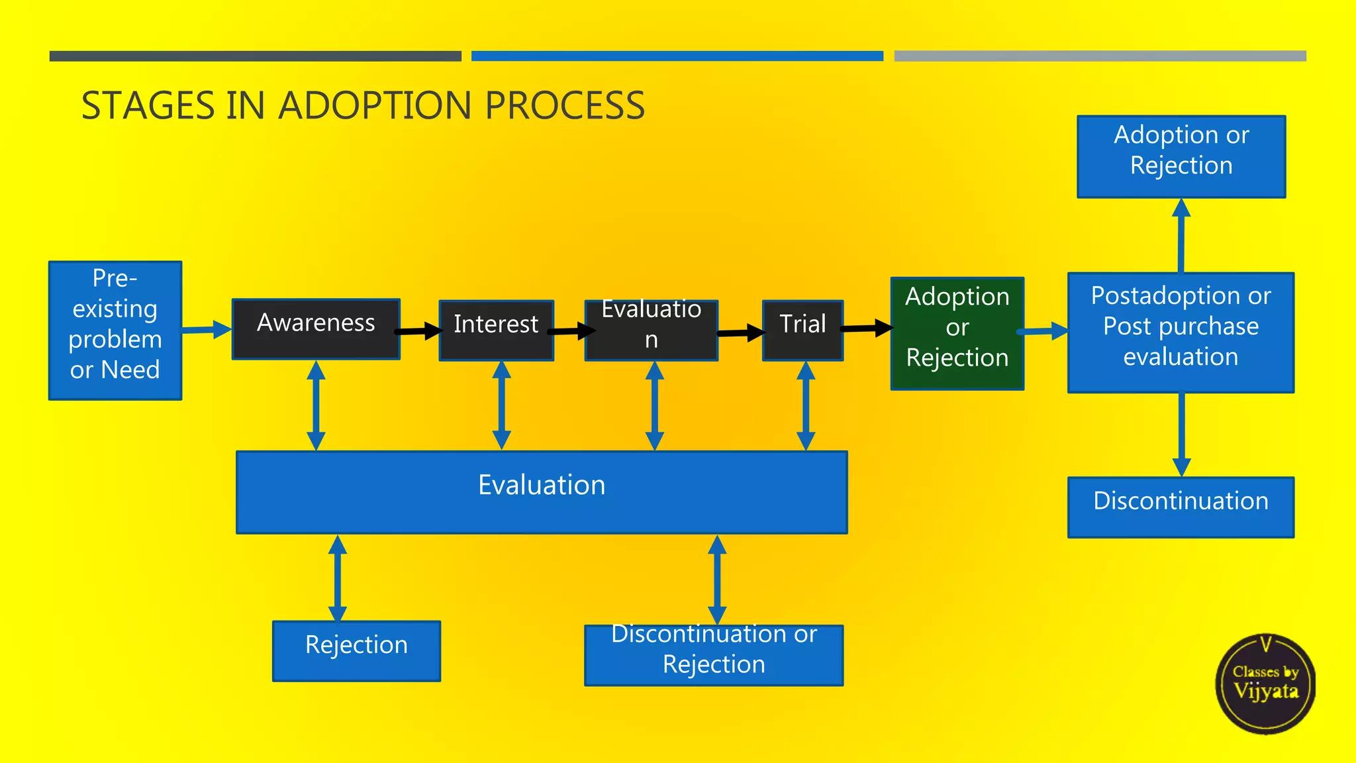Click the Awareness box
(316, 329)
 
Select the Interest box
(496, 330)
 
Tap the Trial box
(802, 330)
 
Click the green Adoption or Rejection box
(957, 333)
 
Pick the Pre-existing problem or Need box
(115, 330)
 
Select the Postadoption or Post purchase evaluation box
(1181, 332)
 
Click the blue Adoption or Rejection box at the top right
(1181, 156)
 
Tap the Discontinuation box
(1181, 507)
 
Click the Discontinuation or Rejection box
(714, 654)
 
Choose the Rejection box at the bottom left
(356, 650)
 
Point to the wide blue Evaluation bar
(542, 492)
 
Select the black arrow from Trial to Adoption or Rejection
(867, 328)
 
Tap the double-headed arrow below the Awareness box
(316, 405)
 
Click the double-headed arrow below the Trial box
(806, 405)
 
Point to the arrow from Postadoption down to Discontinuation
(1181, 434)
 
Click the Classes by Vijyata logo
(1265, 684)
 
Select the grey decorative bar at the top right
(1100, 56)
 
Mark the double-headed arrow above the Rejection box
(338, 578)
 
